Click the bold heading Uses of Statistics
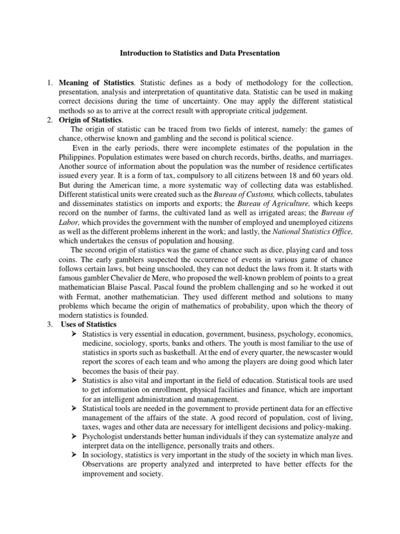pos(89,324)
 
